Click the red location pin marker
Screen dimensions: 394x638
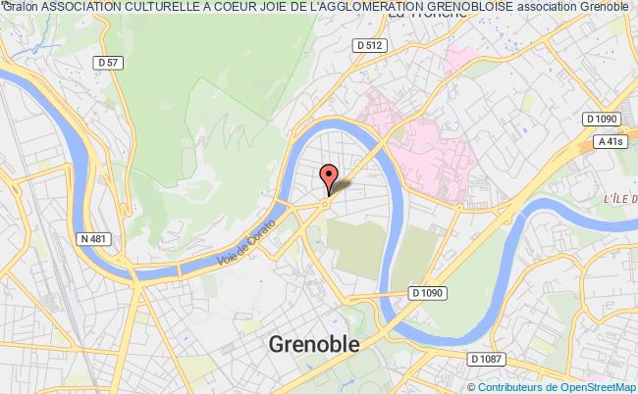(x=328, y=175)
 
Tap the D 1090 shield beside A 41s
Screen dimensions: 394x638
(x=600, y=119)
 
